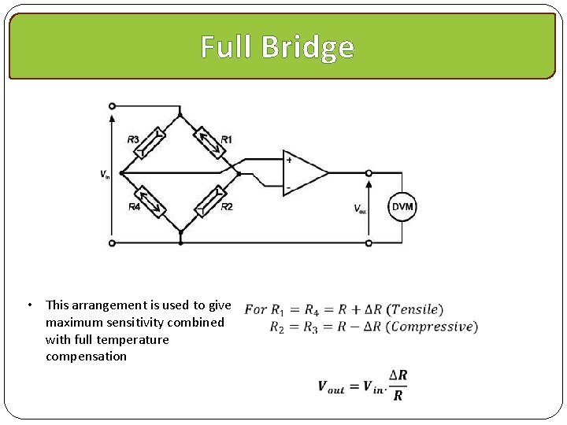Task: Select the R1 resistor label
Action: tap(227, 139)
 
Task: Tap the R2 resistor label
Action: tap(227, 207)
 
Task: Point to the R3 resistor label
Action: tap(134, 139)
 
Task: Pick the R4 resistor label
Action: tap(134, 207)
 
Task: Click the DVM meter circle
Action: tap(402, 207)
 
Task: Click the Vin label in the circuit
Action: tap(105, 174)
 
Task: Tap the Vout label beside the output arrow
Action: tap(360, 209)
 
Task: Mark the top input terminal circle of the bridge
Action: tap(112, 106)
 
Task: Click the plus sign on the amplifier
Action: tap(289, 160)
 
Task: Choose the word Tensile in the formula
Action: tap(417, 309)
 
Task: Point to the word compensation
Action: tap(86, 357)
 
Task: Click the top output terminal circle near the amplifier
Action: tap(369, 172)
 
